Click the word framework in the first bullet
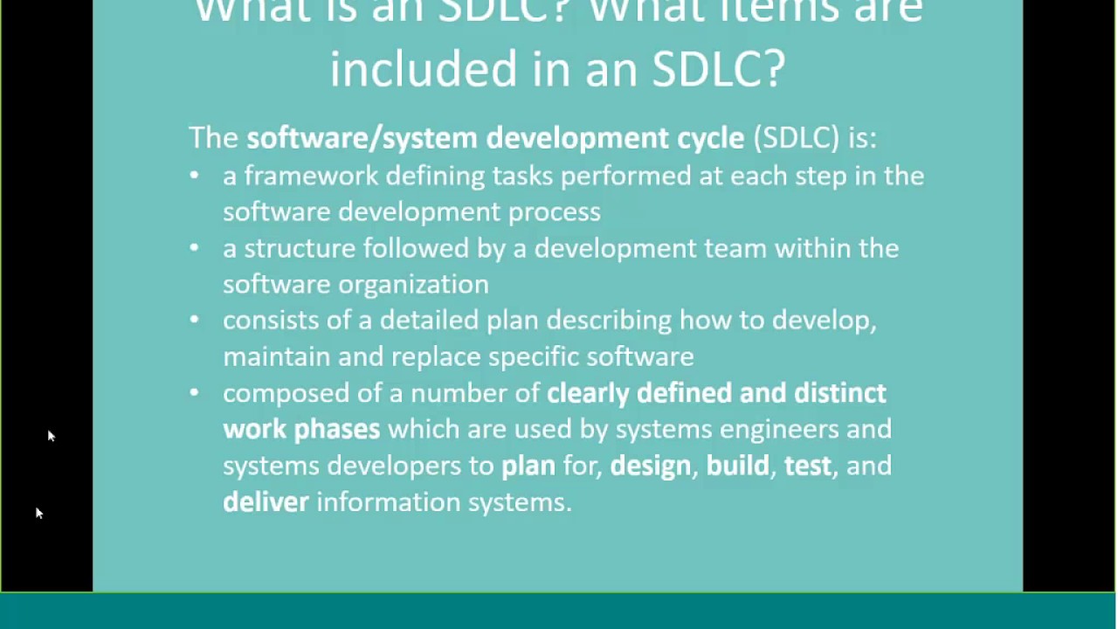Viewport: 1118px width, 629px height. tap(310, 176)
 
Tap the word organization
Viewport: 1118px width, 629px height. tap(413, 285)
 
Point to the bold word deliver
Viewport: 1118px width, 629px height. tap(266, 501)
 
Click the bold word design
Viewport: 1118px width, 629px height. tap(651, 467)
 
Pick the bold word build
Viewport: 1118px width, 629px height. tap(738, 465)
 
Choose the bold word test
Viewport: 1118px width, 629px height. tap(808, 466)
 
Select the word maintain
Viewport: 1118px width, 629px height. tap(277, 356)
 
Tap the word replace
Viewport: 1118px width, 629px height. tap(436, 357)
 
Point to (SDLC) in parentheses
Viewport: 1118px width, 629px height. tap(797, 137)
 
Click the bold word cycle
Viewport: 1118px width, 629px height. tap(711, 138)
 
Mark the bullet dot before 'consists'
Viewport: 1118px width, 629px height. tap(194, 320)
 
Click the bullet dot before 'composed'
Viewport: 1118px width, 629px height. tap(194, 393)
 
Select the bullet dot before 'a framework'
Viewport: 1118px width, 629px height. tap(194, 176)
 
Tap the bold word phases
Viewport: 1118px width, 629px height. tap(337, 430)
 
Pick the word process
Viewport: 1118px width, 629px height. tap(555, 212)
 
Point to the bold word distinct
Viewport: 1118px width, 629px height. tap(840, 393)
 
